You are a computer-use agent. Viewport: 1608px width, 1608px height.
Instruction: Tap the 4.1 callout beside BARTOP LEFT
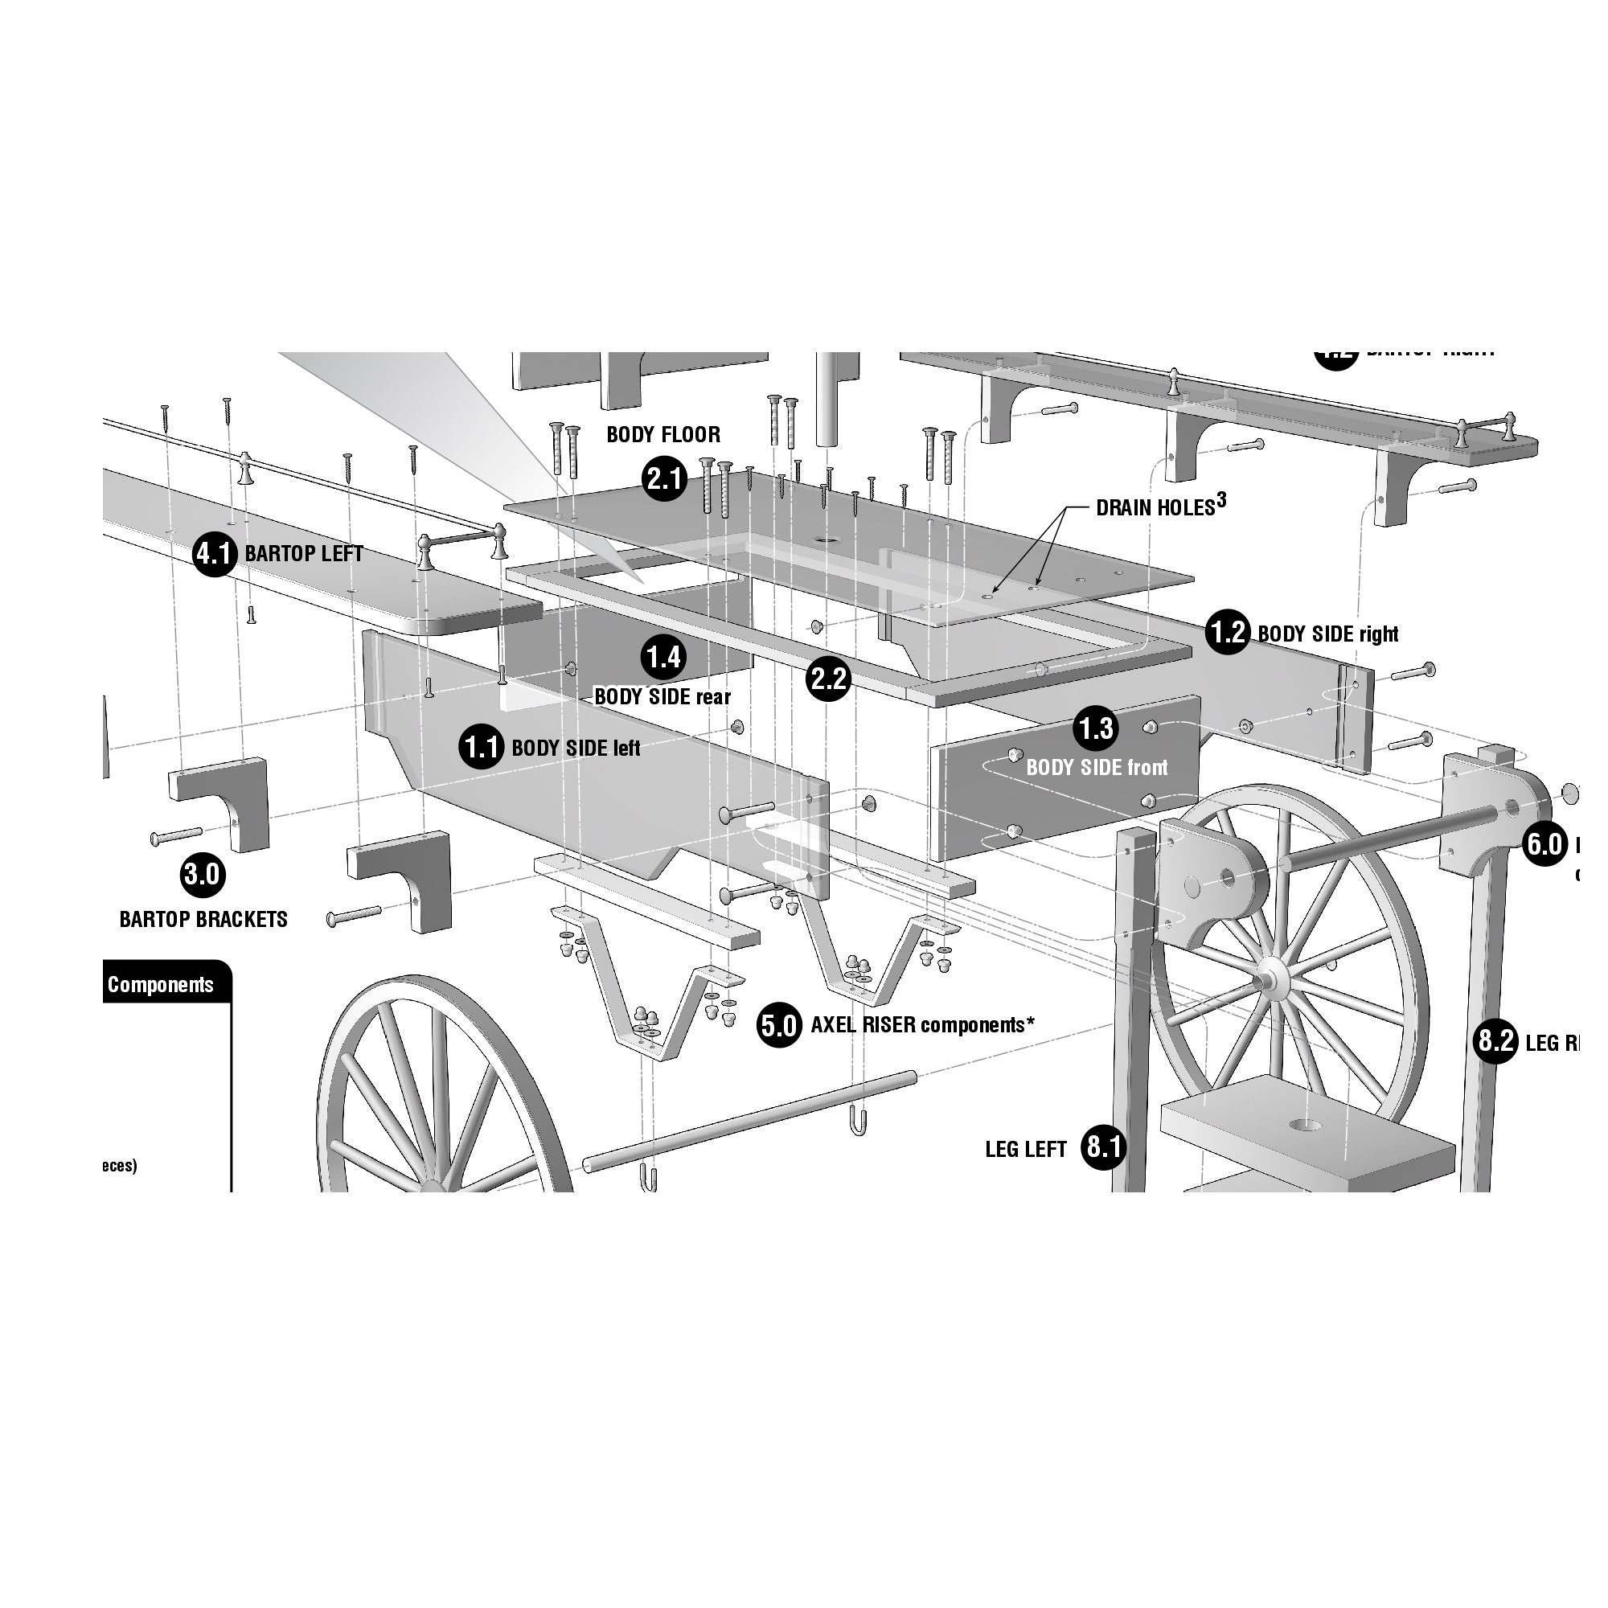[215, 553]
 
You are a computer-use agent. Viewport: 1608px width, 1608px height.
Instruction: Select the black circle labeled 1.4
[663, 658]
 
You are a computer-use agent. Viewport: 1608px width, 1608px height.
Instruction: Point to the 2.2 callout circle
[828, 680]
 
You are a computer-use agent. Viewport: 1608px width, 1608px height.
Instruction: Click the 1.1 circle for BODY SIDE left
[481, 748]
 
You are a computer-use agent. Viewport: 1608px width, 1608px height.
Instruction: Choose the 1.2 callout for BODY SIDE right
[1228, 633]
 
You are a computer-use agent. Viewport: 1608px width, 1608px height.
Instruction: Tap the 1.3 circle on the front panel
[1096, 728]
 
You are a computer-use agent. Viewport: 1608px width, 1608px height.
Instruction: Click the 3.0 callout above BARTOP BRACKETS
[203, 874]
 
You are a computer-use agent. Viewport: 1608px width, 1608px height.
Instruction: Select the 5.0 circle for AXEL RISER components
[779, 1024]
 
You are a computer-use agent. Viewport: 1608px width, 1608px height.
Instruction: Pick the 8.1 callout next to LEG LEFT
[1103, 1148]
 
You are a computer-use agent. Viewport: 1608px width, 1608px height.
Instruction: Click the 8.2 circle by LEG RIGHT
[1495, 1040]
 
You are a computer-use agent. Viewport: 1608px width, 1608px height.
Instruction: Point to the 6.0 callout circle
[1544, 845]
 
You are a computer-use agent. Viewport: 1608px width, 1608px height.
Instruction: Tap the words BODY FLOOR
[663, 434]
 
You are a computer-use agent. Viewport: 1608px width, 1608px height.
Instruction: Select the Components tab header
[161, 985]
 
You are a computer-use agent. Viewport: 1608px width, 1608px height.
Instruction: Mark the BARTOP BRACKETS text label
[204, 920]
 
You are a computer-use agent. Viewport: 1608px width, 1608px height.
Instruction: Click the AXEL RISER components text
[922, 1024]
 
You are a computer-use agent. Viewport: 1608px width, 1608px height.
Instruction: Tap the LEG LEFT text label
[1025, 1150]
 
